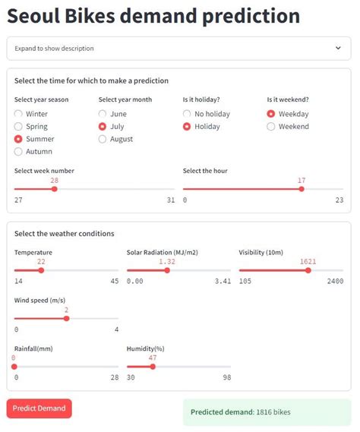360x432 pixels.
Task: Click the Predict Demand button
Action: click(39, 408)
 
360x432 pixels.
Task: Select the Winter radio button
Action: click(19, 114)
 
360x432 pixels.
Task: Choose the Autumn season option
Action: click(19, 152)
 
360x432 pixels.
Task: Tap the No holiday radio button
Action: click(188, 114)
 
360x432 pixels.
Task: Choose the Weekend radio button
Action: click(271, 127)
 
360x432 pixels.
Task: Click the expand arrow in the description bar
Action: click(338, 48)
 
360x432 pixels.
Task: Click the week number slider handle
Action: click(55, 189)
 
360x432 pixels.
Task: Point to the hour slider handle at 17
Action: click(302, 189)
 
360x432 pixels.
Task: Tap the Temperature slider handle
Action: click(41, 270)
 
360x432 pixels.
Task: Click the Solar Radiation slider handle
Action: click(167, 270)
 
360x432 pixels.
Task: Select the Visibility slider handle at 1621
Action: click(308, 270)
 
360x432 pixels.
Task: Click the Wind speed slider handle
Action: click(67, 318)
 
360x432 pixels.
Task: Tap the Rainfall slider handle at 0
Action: click(14, 366)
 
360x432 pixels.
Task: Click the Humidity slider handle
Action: click(153, 366)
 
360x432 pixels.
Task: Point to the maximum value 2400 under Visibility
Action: click(335, 282)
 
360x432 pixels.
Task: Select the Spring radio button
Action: click(19, 127)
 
